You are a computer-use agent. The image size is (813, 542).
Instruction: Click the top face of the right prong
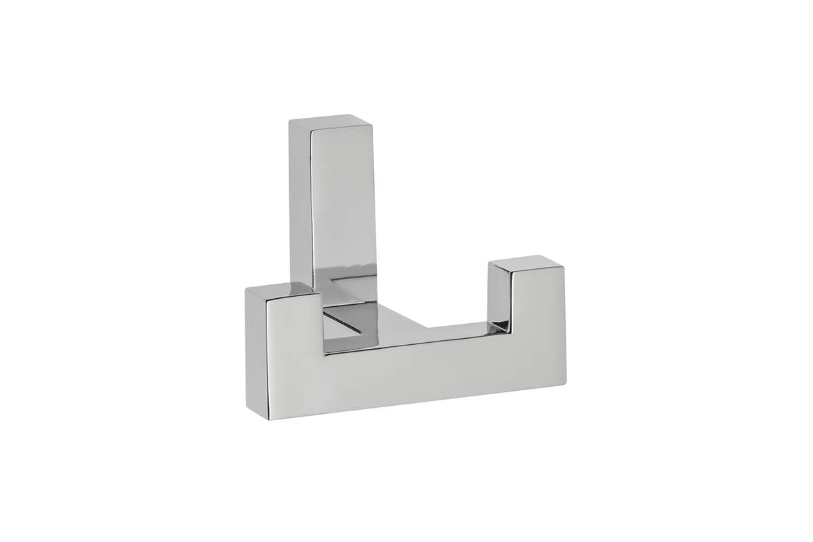[x=525, y=262]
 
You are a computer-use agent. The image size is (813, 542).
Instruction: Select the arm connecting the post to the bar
[x=393, y=318]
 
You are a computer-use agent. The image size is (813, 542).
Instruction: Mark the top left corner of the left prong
[x=247, y=289]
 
